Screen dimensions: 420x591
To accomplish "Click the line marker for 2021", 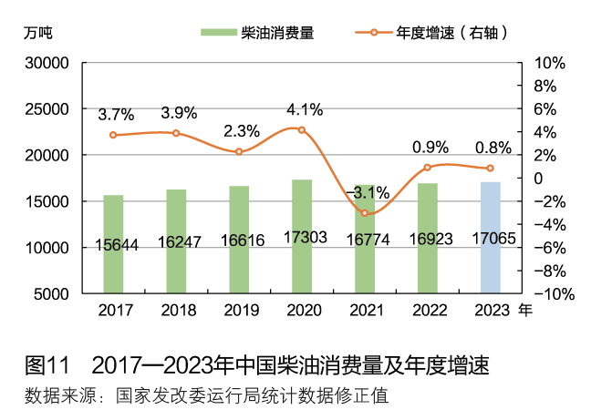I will (365, 213).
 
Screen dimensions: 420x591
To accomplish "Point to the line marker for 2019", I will (239, 151).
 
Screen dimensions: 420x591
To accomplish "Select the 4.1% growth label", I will (305, 110).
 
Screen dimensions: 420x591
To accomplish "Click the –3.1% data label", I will (368, 192).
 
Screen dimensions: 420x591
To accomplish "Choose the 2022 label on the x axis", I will (428, 310).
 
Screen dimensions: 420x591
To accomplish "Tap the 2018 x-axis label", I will (177, 310).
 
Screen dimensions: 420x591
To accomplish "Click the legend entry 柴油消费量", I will (257, 33).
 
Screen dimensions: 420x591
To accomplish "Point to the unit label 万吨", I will (39, 33).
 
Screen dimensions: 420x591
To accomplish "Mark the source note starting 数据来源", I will (206, 396).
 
